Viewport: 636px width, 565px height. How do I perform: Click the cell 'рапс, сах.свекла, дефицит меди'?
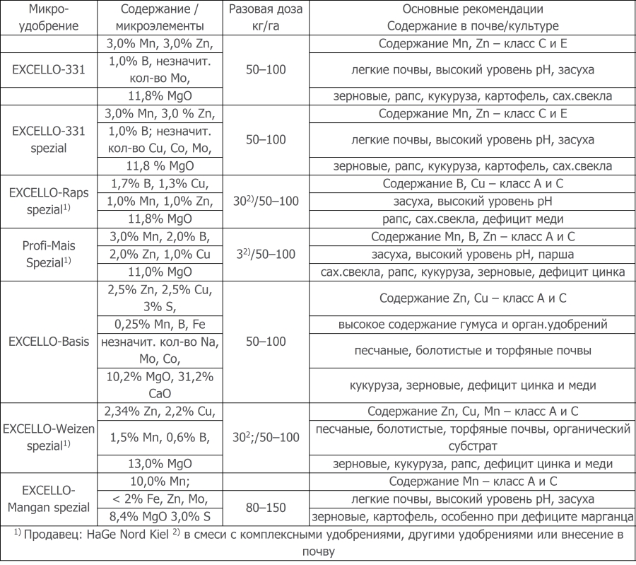(x=473, y=218)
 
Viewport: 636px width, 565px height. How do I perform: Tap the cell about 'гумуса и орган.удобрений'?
(x=473, y=325)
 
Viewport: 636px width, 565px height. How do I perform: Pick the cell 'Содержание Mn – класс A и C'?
(x=473, y=482)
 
